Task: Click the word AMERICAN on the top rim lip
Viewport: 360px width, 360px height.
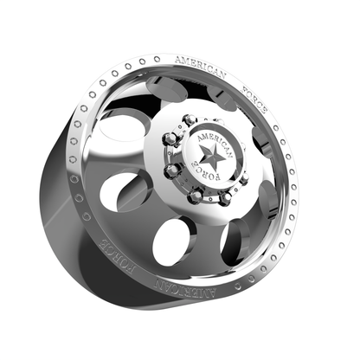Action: pyautogui.click(x=201, y=67)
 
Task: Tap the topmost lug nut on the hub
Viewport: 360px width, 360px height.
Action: pyautogui.click(x=189, y=119)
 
